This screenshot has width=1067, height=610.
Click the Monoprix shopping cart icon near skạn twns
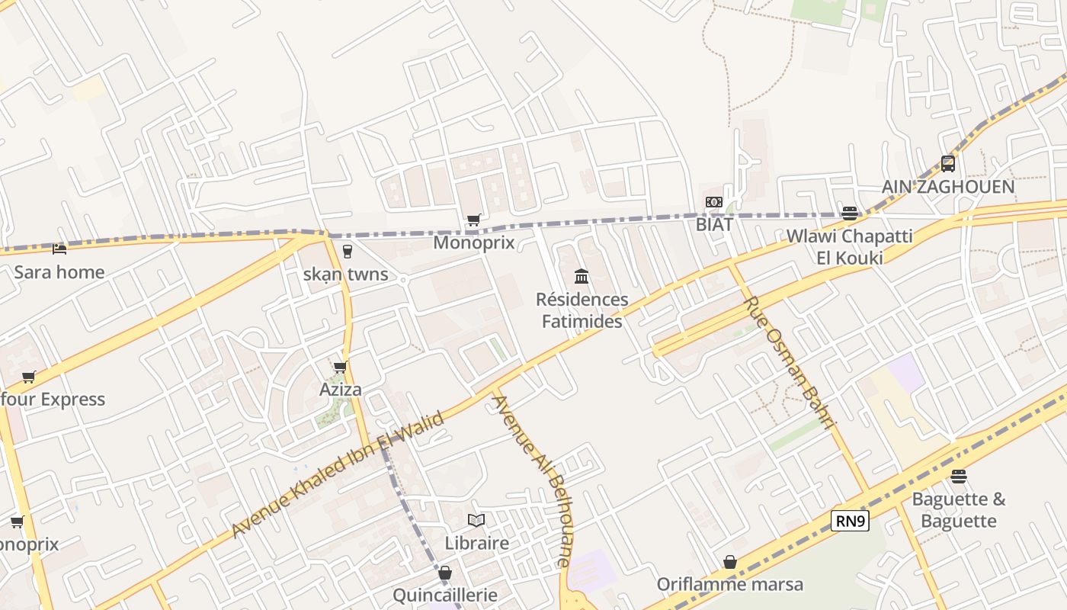[473, 220]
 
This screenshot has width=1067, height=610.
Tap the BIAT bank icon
[714, 202]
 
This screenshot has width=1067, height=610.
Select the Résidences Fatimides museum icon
[582, 276]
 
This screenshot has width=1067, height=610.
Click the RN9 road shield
[850, 522]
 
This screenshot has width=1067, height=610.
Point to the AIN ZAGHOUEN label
[948, 187]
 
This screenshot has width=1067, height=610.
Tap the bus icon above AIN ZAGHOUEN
[948, 163]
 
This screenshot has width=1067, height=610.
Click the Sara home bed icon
[59, 249]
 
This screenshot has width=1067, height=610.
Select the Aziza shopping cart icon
[341, 368]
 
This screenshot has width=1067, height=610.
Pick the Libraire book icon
[476, 520]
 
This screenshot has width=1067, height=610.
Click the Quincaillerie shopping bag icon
[445, 572]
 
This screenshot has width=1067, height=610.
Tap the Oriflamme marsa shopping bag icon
[730, 562]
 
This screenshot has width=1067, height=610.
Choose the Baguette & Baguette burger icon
[959, 477]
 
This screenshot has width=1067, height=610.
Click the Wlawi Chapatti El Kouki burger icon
[850, 213]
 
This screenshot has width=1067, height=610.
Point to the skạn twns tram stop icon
[348, 251]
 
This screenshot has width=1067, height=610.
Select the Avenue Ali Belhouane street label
[532, 480]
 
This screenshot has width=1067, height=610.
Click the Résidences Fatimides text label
[582, 310]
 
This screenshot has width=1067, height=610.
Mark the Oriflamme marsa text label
[730, 585]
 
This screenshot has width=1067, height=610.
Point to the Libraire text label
[476, 543]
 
